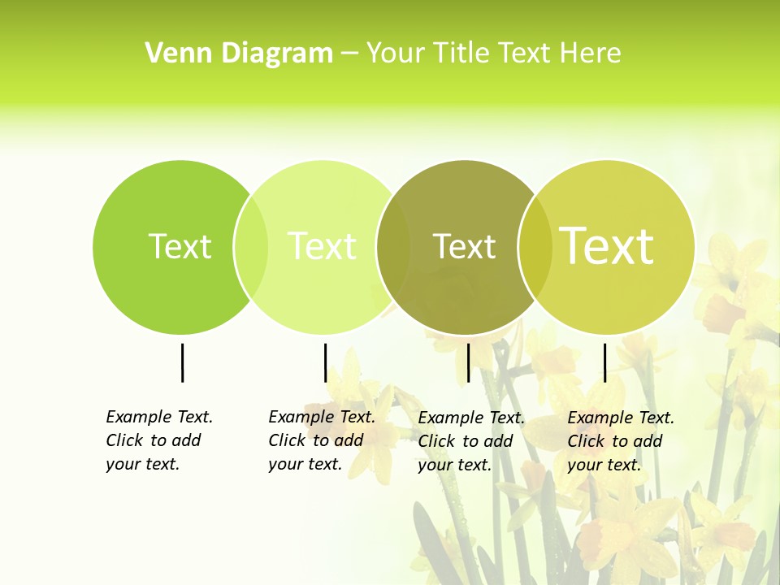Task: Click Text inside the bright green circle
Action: click(180, 246)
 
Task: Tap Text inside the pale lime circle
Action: click(322, 246)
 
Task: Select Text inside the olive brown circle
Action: click(464, 246)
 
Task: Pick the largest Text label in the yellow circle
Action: click(606, 245)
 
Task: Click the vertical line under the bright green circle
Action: click(182, 362)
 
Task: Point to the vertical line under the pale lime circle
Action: click(325, 362)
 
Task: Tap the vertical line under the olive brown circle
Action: click(468, 362)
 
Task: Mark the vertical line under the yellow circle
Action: click(604, 362)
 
